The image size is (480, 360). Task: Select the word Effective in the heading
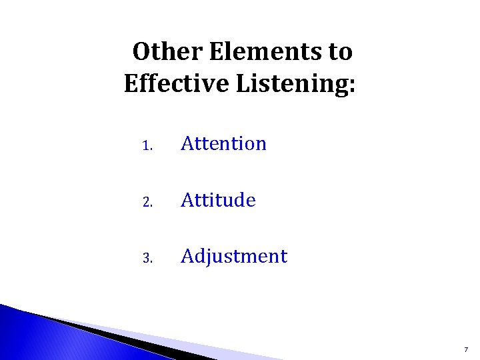tap(167, 85)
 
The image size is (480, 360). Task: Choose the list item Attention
tap(223, 143)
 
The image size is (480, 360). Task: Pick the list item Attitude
tap(218, 199)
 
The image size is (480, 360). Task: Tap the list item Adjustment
tap(234, 257)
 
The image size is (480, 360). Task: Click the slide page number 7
tap(465, 349)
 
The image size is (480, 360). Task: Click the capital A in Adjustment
tap(187, 256)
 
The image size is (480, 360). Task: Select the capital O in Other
tap(141, 51)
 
